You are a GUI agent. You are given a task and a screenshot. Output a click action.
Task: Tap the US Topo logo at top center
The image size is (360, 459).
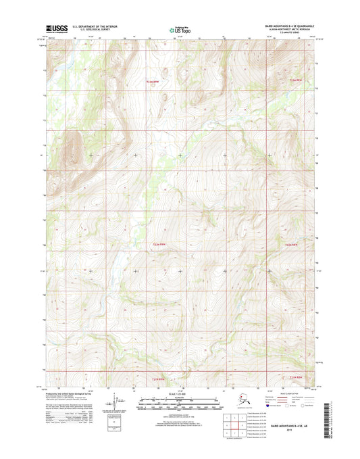click(x=180, y=30)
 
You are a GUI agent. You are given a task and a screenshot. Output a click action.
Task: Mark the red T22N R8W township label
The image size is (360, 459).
click(x=291, y=245)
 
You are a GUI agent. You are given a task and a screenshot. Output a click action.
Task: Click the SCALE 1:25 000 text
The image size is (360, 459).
click(x=180, y=393)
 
